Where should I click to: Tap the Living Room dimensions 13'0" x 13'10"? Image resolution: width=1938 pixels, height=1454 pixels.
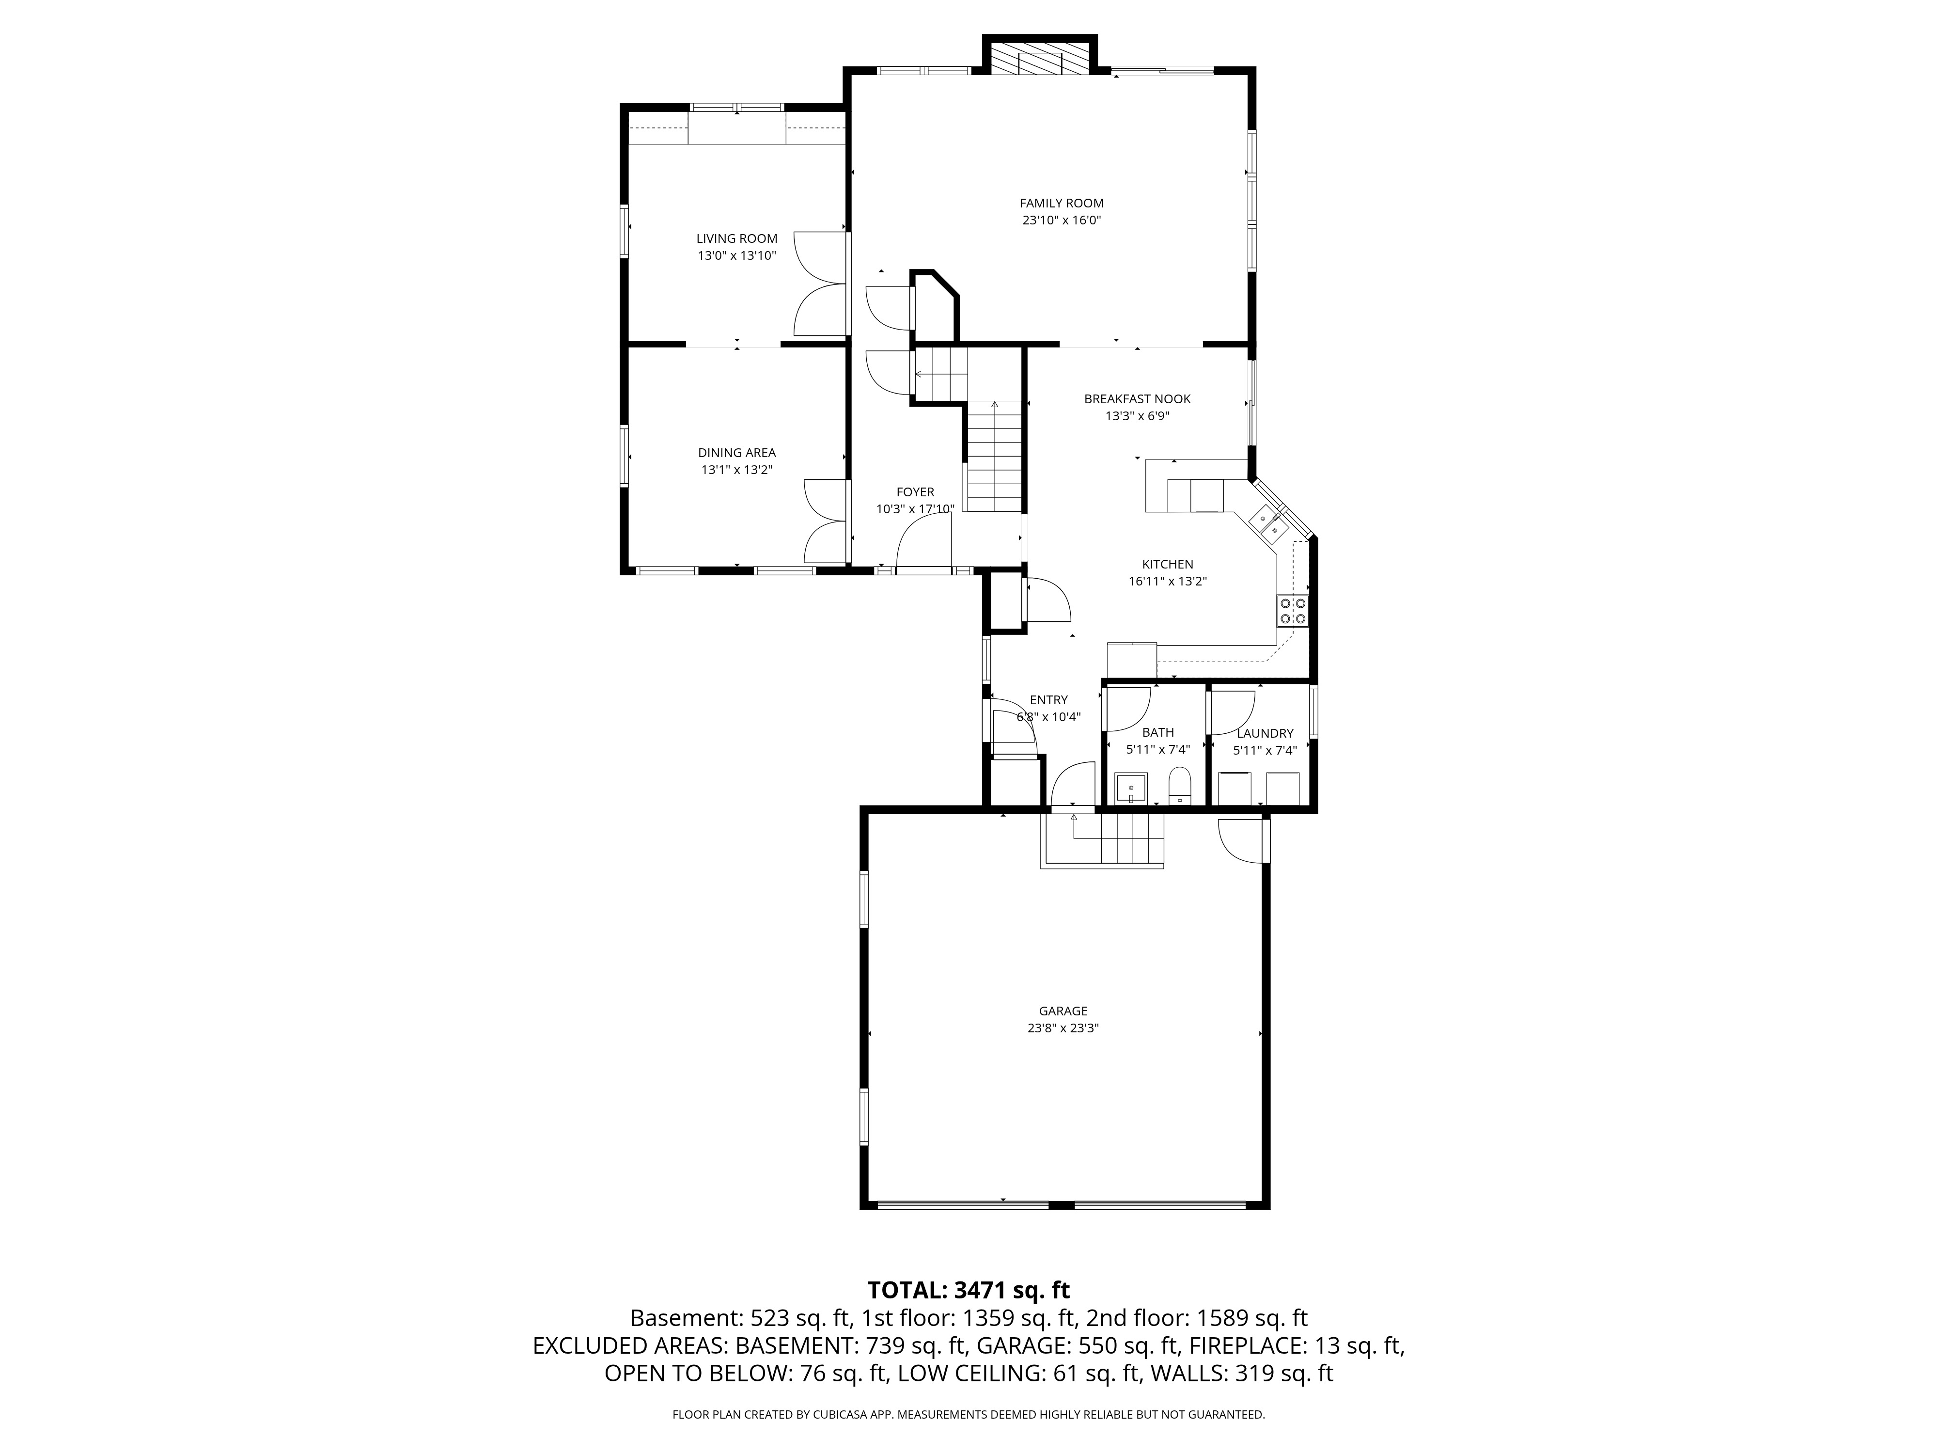[737, 256]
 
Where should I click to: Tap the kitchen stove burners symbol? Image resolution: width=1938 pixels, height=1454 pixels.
[1292, 610]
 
